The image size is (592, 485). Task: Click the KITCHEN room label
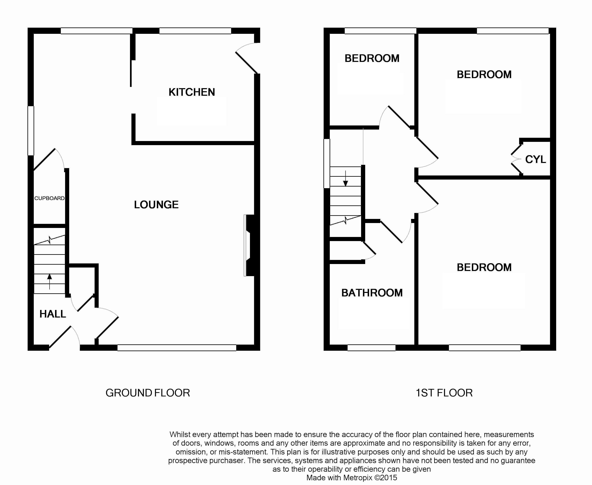tap(192, 92)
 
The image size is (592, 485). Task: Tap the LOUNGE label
tap(156, 205)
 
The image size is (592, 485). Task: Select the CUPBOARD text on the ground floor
tap(49, 198)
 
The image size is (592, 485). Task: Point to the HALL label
tap(53, 314)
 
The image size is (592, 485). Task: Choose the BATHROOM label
tap(372, 293)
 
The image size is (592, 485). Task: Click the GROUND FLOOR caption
tap(148, 393)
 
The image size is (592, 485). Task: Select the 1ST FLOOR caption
tap(444, 393)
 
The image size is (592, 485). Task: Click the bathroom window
tap(371, 348)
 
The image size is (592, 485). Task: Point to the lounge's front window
tap(177, 348)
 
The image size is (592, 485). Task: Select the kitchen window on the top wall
tap(195, 31)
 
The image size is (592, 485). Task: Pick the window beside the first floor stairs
tap(327, 163)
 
